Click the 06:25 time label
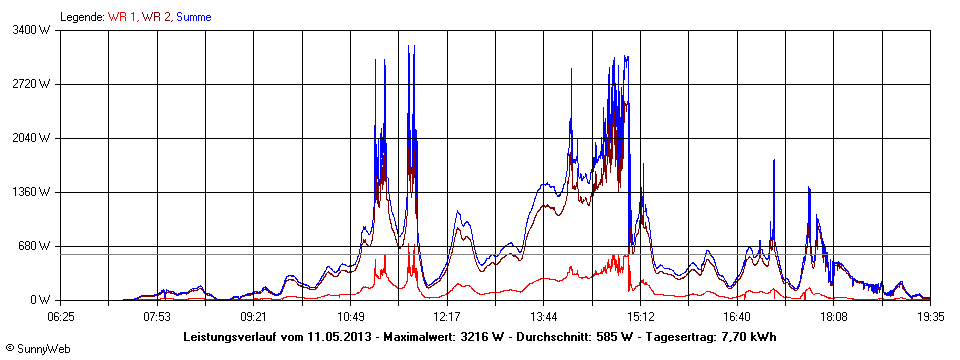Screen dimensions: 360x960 coord(60,316)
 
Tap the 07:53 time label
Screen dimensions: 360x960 coord(156,316)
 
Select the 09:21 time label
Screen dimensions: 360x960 coord(253,316)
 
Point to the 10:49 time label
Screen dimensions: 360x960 coord(350,316)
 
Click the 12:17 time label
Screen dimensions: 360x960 coord(446,316)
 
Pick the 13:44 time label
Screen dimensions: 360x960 coord(543,316)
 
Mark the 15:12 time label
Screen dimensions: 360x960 coord(640,316)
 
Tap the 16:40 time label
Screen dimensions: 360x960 coord(736,316)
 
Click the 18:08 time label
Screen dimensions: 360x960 coord(833,316)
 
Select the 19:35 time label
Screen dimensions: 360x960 coord(930,316)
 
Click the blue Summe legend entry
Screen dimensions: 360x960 coord(193,17)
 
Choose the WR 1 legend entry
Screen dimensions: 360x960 coord(122,17)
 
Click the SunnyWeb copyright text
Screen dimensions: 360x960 coord(36,347)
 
